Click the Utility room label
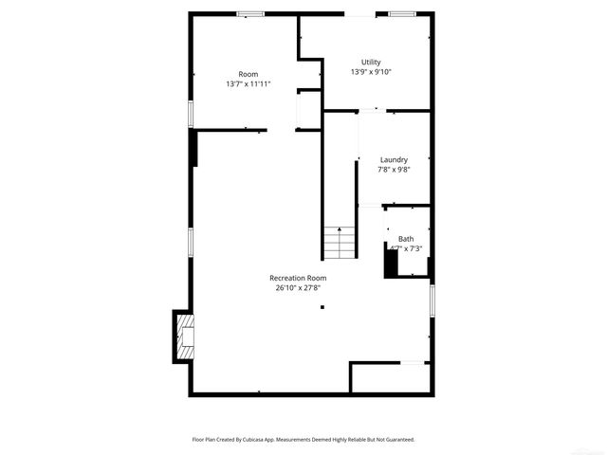(371, 63)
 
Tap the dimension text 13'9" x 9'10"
(371, 72)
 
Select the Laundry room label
(394, 159)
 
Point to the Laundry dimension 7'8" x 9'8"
(394, 170)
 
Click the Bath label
(406, 239)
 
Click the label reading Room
(248, 74)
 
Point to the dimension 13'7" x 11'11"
(248, 83)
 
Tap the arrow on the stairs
(339, 232)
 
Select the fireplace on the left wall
(182, 336)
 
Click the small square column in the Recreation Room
(322, 306)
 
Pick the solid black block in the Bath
(390, 260)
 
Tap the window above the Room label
(250, 13)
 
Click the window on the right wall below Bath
(432, 301)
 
